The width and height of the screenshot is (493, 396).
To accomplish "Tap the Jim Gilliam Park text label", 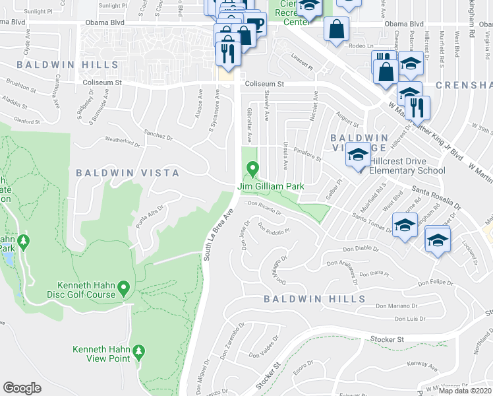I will coord(271,187).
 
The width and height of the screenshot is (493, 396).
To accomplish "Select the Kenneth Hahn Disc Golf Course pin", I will coord(124,288).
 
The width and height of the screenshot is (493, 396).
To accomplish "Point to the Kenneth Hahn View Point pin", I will coord(138,351).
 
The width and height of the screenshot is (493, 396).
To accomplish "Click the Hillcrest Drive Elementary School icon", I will coord(358,156).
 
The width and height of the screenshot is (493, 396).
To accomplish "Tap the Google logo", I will coord(22,387).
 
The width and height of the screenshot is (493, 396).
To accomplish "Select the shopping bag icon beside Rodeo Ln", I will coord(337,29).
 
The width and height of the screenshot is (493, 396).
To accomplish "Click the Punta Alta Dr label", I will coord(149,214).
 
